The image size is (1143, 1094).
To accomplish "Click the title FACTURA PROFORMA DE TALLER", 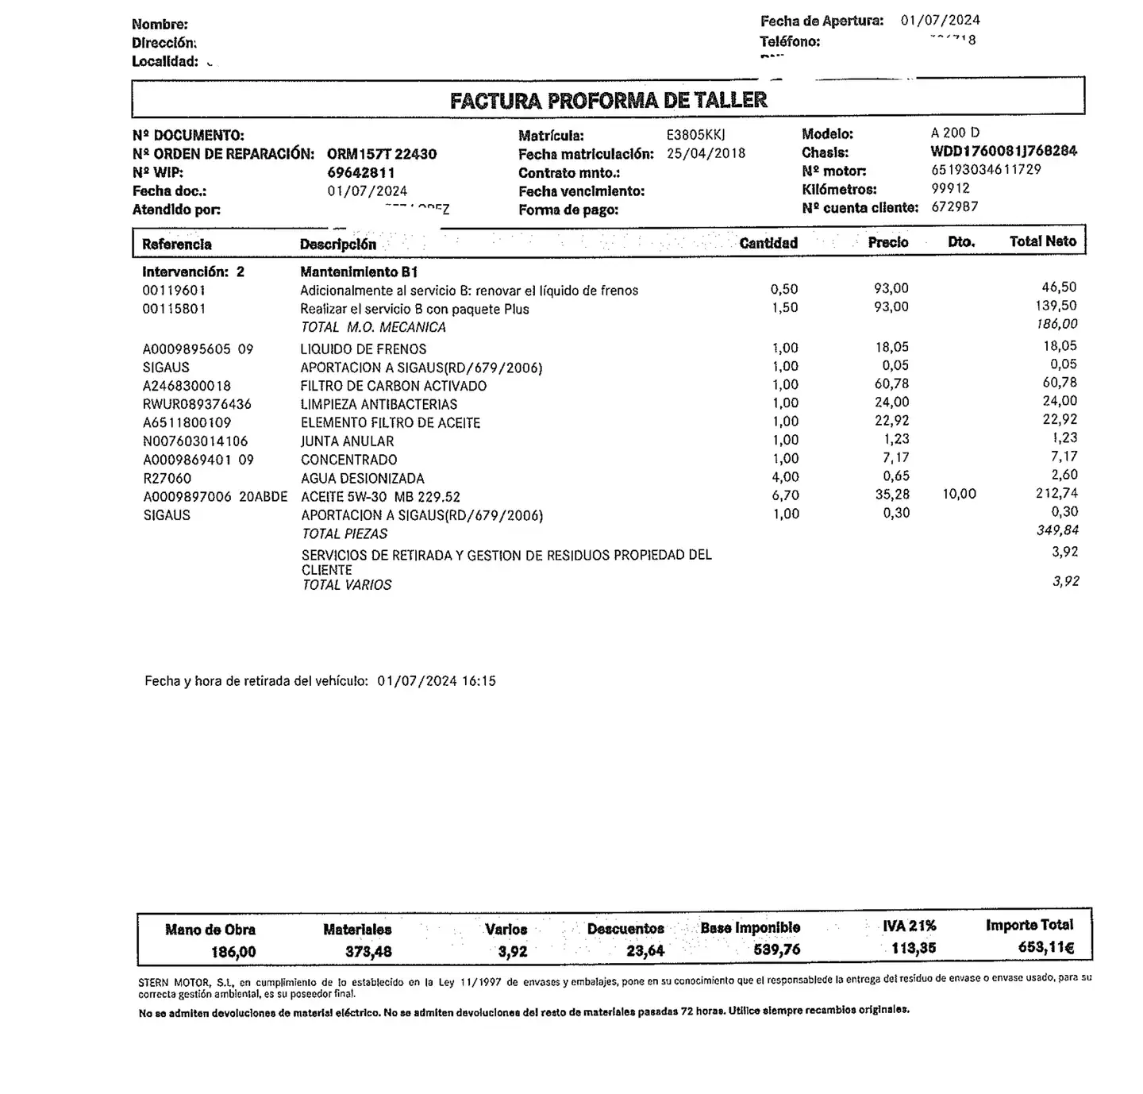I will click(x=608, y=100).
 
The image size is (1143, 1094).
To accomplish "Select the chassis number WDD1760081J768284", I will click(x=1003, y=151).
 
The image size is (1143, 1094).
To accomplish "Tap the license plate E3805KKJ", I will click(x=696, y=135).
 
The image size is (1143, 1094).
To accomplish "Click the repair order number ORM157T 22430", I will click(x=382, y=154).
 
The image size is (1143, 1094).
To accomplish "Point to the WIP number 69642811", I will click(x=361, y=172).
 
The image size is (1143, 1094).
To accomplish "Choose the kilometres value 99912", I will click(x=950, y=188).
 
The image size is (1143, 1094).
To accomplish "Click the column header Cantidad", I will click(x=768, y=243).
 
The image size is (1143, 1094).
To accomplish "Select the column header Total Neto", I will click(x=1042, y=241).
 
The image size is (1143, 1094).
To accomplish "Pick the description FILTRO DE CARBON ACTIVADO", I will click(x=394, y=386).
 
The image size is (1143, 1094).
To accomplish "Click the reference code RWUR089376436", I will click(x=197, y=404).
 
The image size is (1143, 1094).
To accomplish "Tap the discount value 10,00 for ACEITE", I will click(x=959, y=494).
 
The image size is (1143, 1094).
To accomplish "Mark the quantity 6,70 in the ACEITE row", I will click(x=785, y=495).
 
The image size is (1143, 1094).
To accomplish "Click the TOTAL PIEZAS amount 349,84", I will click(x=1057, y=530).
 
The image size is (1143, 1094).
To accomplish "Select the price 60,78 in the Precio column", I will click(x=891, y=384).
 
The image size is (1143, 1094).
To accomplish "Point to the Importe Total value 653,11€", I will click(x=1045, y=947).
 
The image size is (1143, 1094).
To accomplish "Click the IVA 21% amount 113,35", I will click(x=913, y=948).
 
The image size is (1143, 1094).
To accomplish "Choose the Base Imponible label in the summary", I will click(x=750, y=928).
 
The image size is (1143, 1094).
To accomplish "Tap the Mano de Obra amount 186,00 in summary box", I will click(x=233, y=951).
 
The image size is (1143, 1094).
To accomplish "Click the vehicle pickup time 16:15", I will click(x=479, y=681).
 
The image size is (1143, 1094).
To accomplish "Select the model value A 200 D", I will click(x=955, y=133).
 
